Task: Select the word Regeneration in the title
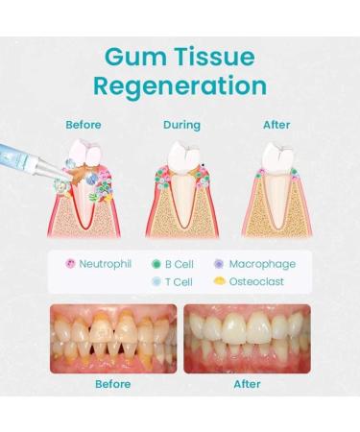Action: point(180,85)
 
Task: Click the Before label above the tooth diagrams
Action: point(84,125)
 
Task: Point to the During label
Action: point(181,125)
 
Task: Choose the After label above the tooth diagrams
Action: point(276,125)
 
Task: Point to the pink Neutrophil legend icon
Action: point(69,263)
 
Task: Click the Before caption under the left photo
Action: point(112,383)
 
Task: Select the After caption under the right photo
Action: point(248,383)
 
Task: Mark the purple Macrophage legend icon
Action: point(220,263)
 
